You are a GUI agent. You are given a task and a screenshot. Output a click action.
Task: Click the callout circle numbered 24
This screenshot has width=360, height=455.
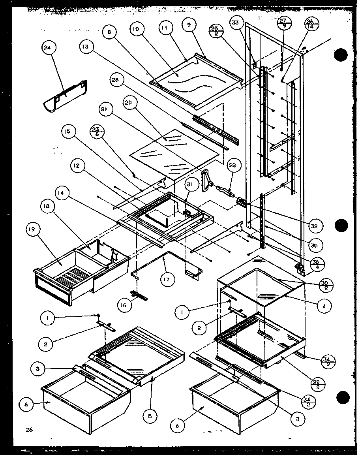(49, 48)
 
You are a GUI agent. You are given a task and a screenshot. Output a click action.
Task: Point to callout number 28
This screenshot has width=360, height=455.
(116, 81)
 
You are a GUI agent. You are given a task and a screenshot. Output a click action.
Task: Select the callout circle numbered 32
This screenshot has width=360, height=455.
(315, 226)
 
